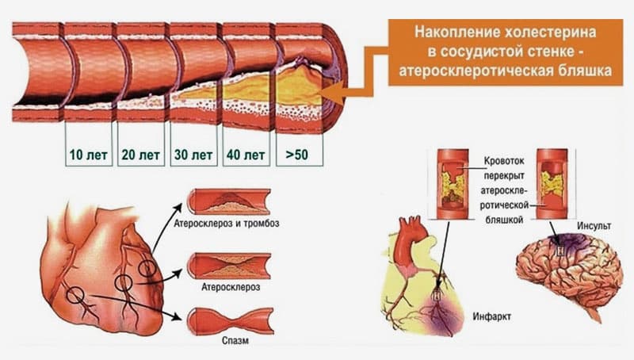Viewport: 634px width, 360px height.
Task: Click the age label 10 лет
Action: tap(89, 155)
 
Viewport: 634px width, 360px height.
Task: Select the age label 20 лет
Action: tap(141, 155)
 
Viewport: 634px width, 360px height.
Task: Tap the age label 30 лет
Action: tap(193, 155)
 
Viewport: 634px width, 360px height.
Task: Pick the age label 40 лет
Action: tap(246, 155)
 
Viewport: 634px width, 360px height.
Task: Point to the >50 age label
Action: tap(296, 155)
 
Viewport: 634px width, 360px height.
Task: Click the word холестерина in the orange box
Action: tap(550, 33)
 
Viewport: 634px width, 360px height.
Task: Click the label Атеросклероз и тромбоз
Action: tap(227, 224)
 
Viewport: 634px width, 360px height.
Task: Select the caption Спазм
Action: tap(235, 341)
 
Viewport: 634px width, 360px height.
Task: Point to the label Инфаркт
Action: tap(491, 316)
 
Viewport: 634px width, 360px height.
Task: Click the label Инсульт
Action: tap(594, 226)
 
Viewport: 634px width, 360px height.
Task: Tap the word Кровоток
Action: tap(504, 161)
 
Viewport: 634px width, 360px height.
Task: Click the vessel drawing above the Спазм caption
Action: tap(231, 321)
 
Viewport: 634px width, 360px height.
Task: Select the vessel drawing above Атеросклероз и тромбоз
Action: tap(229, 201)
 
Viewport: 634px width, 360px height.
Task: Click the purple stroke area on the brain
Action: tap(568, 243)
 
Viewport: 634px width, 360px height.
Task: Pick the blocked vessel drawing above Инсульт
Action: tap(552, 184)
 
